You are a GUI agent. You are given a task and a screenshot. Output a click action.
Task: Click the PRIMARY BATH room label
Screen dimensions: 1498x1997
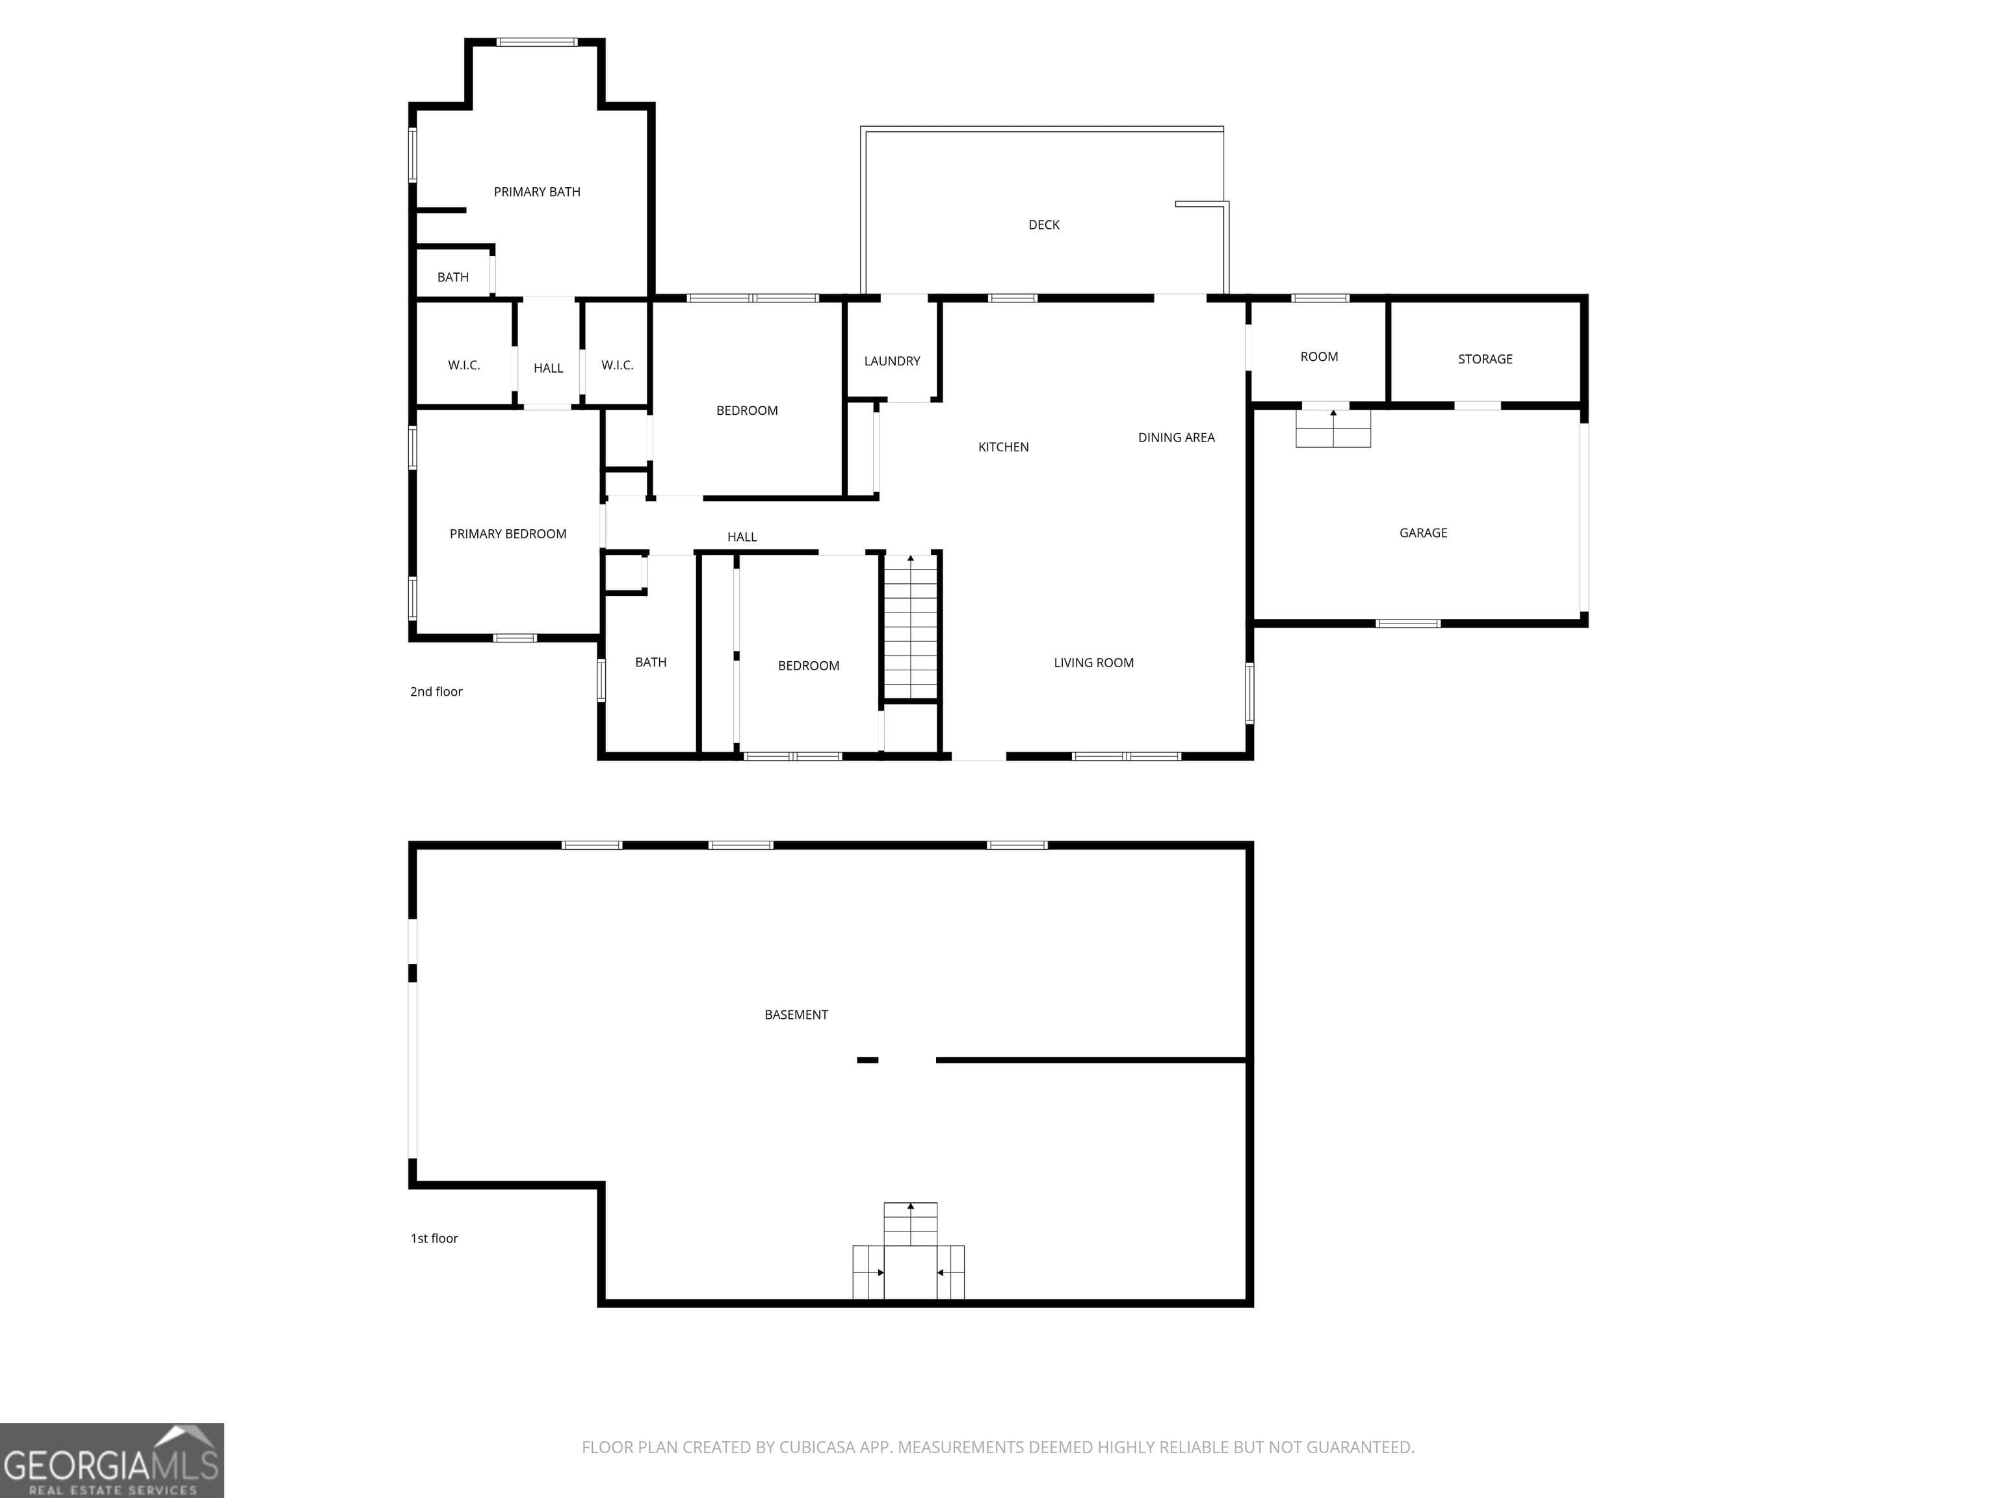coord(536,191)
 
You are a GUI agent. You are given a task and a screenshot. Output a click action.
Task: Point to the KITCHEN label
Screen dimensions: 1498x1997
coord(1003,447)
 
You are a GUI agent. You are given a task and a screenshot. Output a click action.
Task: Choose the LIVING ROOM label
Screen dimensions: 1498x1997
coord(1093,663)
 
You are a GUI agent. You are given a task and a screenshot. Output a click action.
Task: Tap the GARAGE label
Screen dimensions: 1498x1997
coord(1423,532)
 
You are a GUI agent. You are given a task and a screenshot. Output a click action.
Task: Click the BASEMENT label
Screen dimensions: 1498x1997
coord(796,1015)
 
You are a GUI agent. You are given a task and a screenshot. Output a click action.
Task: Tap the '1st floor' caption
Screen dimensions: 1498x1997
coord(434,1238)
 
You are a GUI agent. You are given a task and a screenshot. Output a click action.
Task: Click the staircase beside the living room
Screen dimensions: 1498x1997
coord(910,627)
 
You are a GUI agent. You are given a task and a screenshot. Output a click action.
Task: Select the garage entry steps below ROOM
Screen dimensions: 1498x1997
coord(1333,428)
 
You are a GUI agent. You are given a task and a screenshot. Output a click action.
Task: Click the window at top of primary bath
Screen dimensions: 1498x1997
coord(536,42)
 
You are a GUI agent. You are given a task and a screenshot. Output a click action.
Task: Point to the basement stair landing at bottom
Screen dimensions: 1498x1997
coord(909,1271)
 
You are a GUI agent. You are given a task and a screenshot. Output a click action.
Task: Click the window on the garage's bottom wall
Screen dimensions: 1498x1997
coord(1407,623)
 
